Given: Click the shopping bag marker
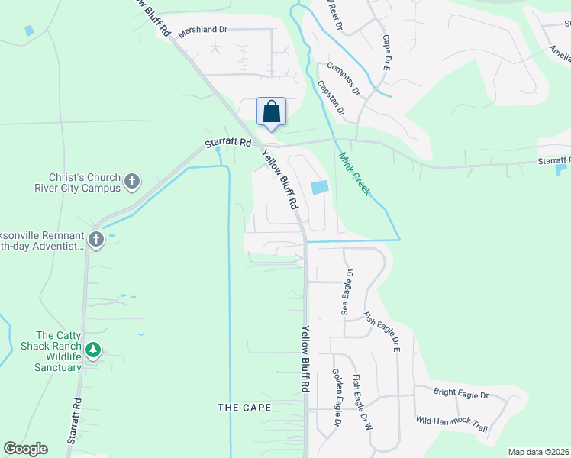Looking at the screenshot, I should click(x=271, y=112).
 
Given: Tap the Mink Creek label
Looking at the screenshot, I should click(x=354, y=173).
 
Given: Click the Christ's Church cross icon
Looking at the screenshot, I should click(x=132, y=182).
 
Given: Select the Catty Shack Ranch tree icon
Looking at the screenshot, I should click(x=93, y=350).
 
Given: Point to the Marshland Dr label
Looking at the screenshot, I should click(x=203, y=32).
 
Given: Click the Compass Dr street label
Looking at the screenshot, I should click(x=344, y=79).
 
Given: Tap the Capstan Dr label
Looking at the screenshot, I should click(x=331, y=100).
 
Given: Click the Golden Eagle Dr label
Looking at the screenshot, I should click(x=336, y=398).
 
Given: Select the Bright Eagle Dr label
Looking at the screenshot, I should click(x=460, y=394).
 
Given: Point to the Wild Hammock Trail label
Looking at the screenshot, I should click(x=451, y=424).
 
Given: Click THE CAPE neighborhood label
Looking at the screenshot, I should click(x=244, y=408).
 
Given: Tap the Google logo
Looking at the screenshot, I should click(x=25, y=449).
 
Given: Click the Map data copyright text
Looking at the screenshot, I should click(x=539, y=452).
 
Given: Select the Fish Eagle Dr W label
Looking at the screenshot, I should click(x=363, y=402).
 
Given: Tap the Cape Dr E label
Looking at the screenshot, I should click(x=386, y=53).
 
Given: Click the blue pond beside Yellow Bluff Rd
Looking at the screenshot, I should click(x=319, y=187).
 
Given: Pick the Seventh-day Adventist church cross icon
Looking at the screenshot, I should click(x=96, y=239).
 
